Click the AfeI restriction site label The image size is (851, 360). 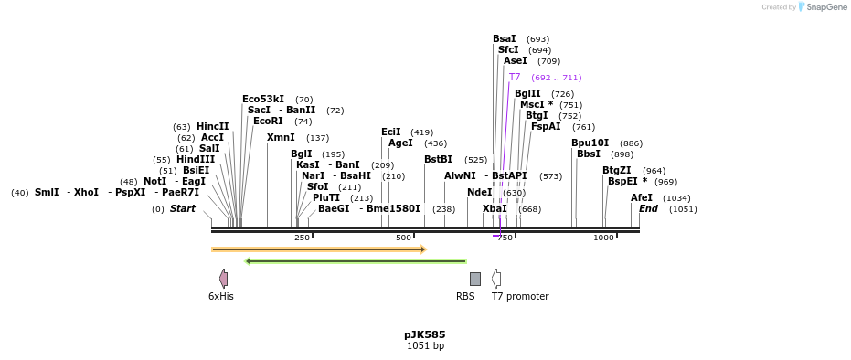point(642,197)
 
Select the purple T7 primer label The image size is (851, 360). point(515,78)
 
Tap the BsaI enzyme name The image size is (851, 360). point(505,39)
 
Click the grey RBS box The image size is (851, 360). point(475,279)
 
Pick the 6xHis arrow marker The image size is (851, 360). point(223,278)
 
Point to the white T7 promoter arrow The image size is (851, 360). point(496,278)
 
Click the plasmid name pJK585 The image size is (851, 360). point(425,334)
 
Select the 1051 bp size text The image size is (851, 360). point(425,346)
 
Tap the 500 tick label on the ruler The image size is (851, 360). point(404,238)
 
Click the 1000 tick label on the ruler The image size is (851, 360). point(603,238)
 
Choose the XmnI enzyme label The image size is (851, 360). point(281,138)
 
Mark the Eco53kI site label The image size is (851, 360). point(263,99)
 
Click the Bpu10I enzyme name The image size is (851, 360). point(590,143)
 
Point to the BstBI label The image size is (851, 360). point(438,160)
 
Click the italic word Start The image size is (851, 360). point(183,209)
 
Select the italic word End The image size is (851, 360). point(648,209)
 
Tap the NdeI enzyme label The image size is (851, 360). point(479,192)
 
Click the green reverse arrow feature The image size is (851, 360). point(356,261)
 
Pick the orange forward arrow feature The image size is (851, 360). point(318,249)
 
